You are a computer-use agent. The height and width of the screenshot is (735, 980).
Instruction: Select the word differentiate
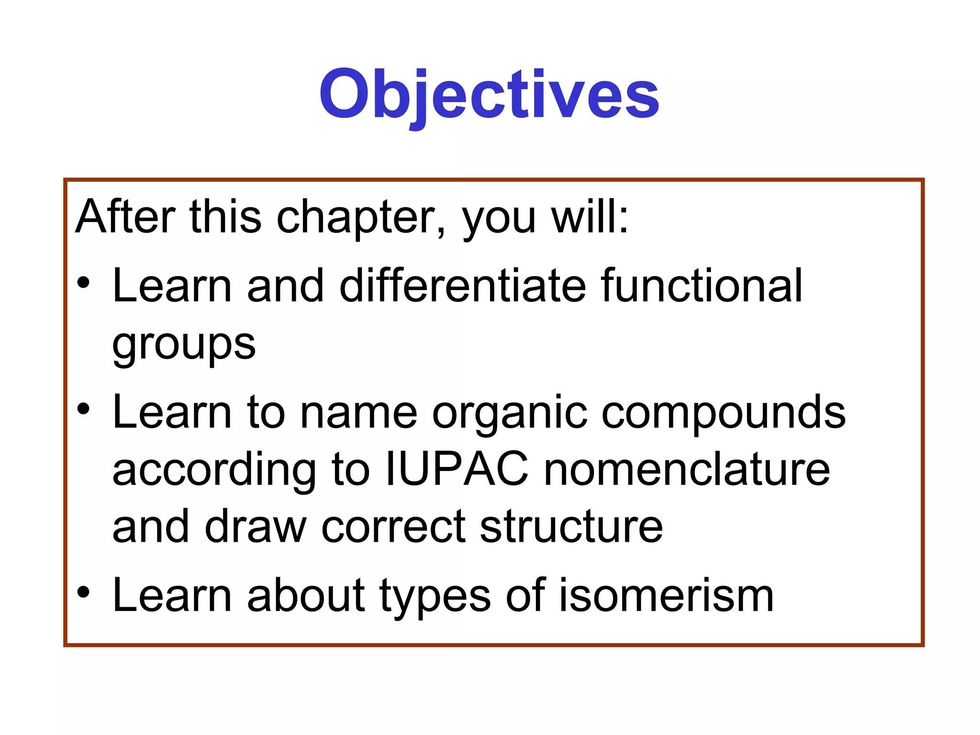pos(462,286)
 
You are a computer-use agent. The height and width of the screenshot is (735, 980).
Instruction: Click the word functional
pos(701,286)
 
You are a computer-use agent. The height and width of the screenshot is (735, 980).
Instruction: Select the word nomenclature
pos(687,470)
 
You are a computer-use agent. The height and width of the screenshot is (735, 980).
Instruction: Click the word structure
pos(571,527)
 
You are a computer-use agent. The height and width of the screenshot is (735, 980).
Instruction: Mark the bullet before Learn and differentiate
pos(83,283)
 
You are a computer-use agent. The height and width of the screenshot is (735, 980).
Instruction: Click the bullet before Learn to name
pos(83,409)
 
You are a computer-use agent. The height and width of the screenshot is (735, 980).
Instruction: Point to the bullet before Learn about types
pos(83,592)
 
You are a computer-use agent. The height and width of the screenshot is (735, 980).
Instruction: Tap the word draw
pos(256,527)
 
